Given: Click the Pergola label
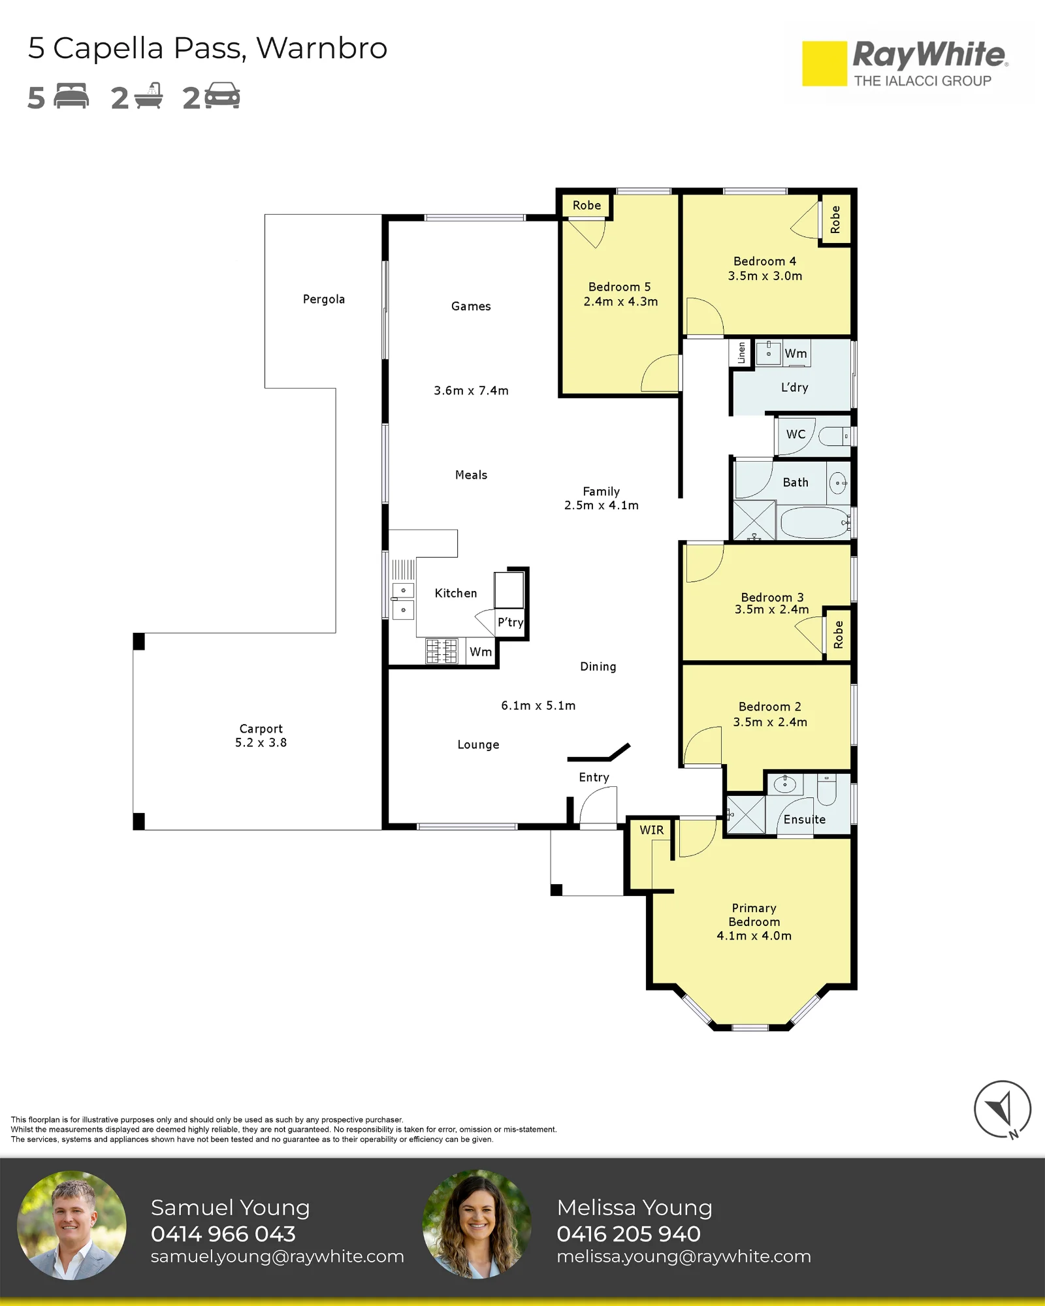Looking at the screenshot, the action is pos(323,299).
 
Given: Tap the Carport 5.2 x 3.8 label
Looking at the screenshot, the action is pos(261,735).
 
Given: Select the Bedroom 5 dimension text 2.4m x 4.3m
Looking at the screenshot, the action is pos(620,302).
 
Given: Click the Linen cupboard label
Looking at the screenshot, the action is pos(741,353).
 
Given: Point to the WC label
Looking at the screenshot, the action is pos(796,434).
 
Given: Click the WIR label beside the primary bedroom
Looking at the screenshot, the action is pos(651,830).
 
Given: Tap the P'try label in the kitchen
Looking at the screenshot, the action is pos(510,622).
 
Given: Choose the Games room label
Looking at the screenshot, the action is pos(471,306).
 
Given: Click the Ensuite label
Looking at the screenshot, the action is pos(805,820).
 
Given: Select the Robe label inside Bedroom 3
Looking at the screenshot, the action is pos(839,635).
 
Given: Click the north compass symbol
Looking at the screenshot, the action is pos(1003,1109).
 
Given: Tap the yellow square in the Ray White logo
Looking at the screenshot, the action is pos(824,64).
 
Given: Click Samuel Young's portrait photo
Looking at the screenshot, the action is pos(72,1225).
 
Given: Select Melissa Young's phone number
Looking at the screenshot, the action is pos(628,1234).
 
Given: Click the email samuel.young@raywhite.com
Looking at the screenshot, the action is pos(278,1256).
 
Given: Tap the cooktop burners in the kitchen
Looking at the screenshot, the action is pos(442,651).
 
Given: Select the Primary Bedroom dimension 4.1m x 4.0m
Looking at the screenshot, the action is pos(754,936).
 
